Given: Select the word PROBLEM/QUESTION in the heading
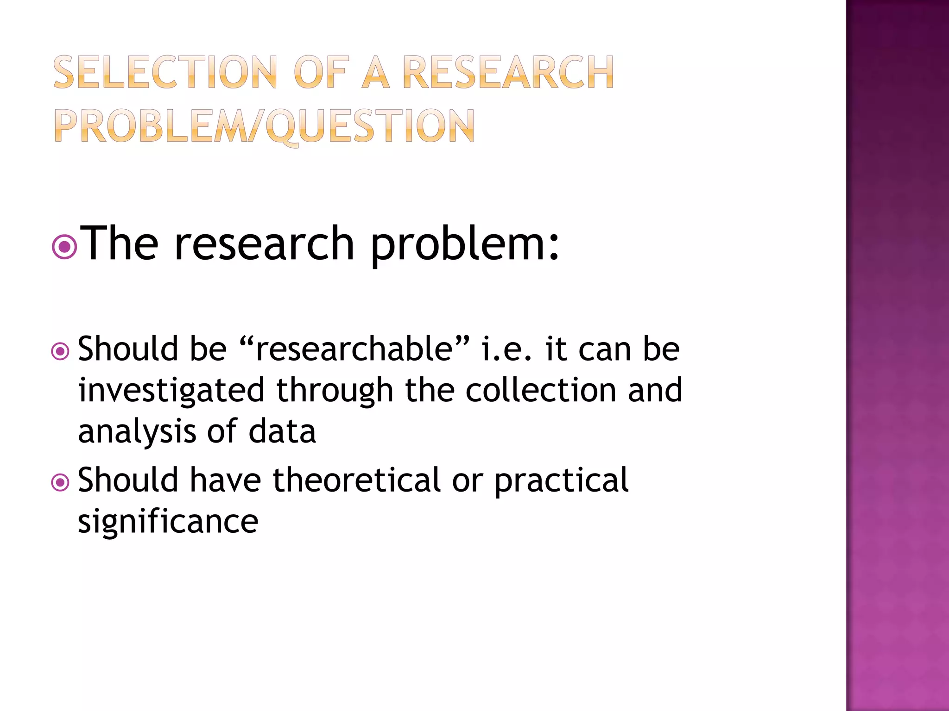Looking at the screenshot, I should point(264,126).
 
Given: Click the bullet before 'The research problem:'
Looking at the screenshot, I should point(64,247).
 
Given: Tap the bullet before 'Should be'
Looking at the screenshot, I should point(60,352).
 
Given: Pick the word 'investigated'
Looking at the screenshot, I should point(171,390).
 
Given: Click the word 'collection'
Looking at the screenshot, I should point(540,390).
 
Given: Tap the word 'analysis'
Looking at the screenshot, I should point(137,431).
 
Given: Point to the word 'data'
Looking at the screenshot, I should point(282,431).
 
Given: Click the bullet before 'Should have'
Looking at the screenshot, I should point(60,483).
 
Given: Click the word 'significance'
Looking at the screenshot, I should point(168,522).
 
